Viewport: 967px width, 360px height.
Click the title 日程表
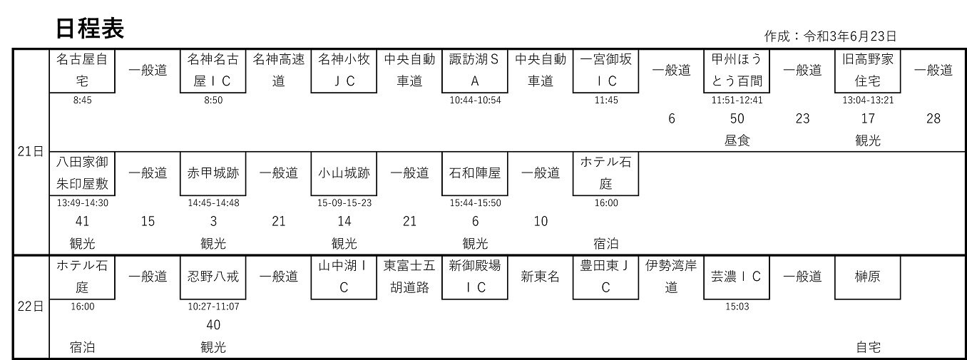coord(90,29)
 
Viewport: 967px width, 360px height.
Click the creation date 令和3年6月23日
coord(850,36)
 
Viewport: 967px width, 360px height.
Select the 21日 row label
coord(31,152)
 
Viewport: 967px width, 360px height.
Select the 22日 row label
coord(31,307)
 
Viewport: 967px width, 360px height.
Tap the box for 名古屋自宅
coord(82,71)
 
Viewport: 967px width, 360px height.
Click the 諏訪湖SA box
coord(475,71)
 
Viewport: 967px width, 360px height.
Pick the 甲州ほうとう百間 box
coord(737,71)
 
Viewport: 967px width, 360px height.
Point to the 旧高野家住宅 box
coord(868,71)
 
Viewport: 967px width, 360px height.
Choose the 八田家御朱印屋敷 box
coord(82,173)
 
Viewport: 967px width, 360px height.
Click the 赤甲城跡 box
coord(213,173)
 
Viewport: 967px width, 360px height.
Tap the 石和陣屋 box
coord(475,173)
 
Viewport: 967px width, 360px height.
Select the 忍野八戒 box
coord(213,277)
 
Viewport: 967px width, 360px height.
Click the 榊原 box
coord(868,277)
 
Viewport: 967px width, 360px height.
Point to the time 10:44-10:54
coord(475,100)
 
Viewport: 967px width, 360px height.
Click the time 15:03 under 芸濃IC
coord(737,307)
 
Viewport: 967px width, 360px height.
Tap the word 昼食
coord(737,140)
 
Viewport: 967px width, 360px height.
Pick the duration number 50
coord(737,118)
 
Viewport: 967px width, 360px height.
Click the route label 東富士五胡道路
coord(409,277)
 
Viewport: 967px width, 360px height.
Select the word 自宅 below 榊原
coord(868,347)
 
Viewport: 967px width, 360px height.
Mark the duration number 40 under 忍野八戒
coord(213,324)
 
